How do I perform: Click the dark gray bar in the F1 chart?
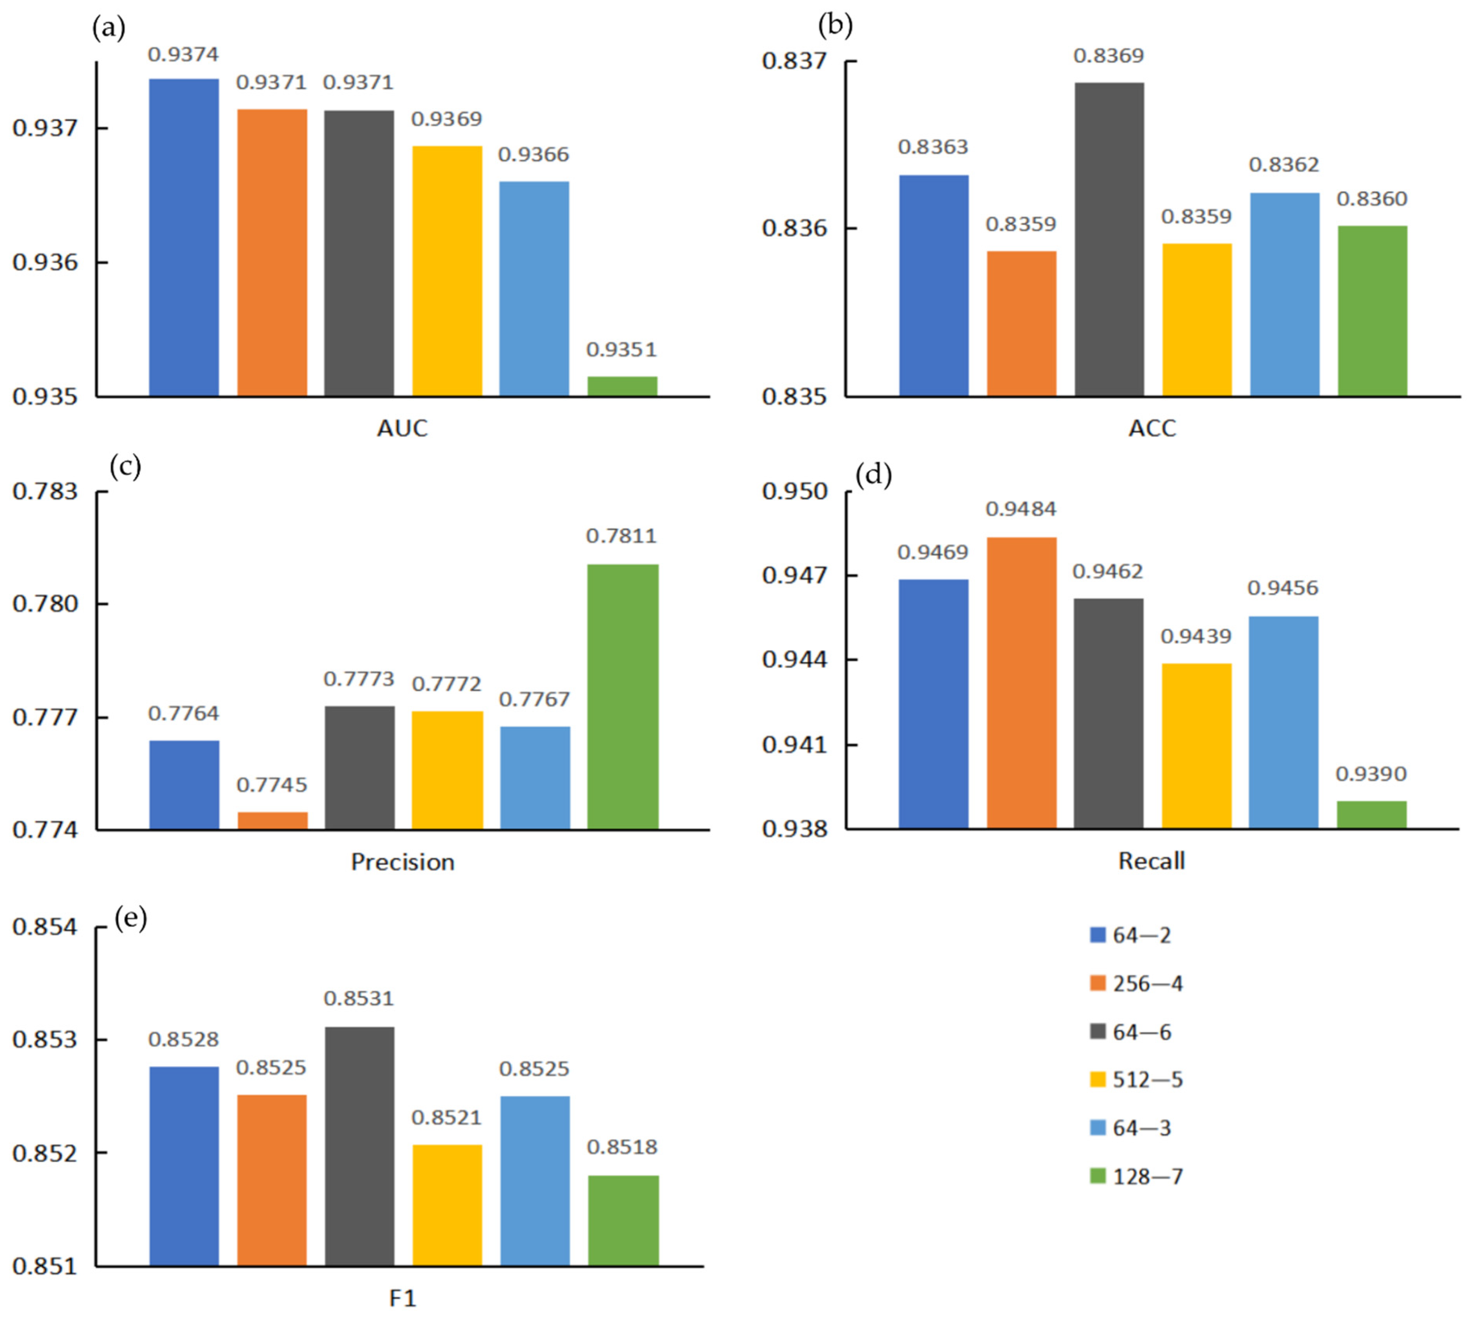(360, 1146)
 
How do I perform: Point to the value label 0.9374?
(183, 54)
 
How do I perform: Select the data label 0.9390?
(1371, 774)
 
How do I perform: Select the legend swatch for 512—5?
(1097, 1080)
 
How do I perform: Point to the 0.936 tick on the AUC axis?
(45, 262)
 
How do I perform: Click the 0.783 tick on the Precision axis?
(45, 492)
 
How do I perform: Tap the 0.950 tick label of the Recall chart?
(794, 492)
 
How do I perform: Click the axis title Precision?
(403, 861)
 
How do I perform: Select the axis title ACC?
(1152, 428)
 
